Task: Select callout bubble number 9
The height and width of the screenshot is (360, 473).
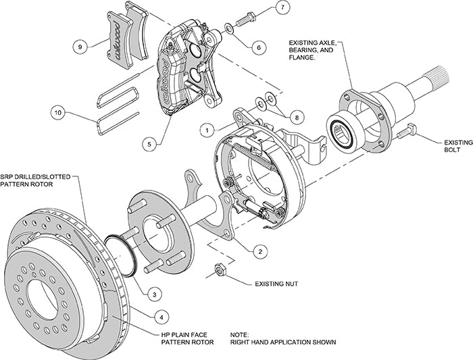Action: tap(80, 47)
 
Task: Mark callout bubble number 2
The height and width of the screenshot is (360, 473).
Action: tap(257, 251)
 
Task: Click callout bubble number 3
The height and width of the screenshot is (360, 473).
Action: tap(155, 294)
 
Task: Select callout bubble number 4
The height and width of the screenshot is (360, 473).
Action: tap(160, 316)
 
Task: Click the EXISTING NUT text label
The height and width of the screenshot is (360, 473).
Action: tap(276, 284)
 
